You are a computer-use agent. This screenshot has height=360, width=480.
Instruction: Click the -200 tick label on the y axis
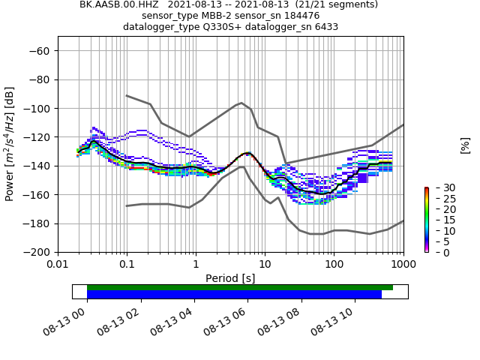pyautogui.click(x=37, y=253)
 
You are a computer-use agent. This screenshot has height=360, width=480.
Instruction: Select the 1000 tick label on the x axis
pyautogui.click(x=403, y=265)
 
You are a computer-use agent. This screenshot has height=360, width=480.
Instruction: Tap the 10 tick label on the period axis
pyautogui.click(x=265, y=265)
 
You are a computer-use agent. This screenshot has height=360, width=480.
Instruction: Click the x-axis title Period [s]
pyautogui.click(x=230, y=278)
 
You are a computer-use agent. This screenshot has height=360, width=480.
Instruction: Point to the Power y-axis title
pyautogui.click(x=10, y=145)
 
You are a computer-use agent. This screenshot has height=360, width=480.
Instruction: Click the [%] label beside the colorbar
pyautogui.click(x=465, y=145)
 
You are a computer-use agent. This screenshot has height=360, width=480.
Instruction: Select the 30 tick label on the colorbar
pyautogui.click(x=438, y=187)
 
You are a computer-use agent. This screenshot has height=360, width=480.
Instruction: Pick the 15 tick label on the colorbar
pyautogui.click(x=438, y=220)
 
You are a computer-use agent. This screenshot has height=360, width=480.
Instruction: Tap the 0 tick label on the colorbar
pyautogui.click(x=436, y=253)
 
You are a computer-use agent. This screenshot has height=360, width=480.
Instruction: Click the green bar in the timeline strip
pyautogui.click(x=240, y=287)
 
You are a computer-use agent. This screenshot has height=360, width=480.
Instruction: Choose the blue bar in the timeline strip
pyautogui.click(x=234, y=295)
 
